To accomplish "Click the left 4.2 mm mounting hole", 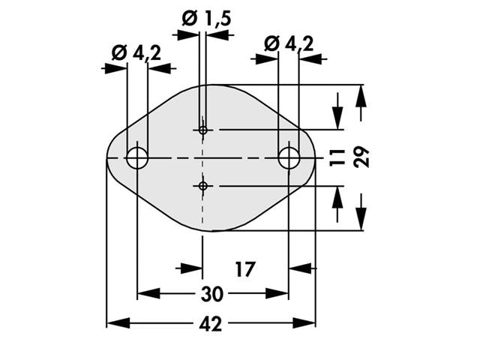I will point(137,158).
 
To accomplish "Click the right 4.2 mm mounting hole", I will point(289,158).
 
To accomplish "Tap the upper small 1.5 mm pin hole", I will point(202,130).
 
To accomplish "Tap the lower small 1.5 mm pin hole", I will point(202,185).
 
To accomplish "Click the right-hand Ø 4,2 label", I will point(289,44).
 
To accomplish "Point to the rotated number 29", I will point(362,157).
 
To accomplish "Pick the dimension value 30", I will point(213,293).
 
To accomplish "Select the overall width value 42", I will point(213,323).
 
